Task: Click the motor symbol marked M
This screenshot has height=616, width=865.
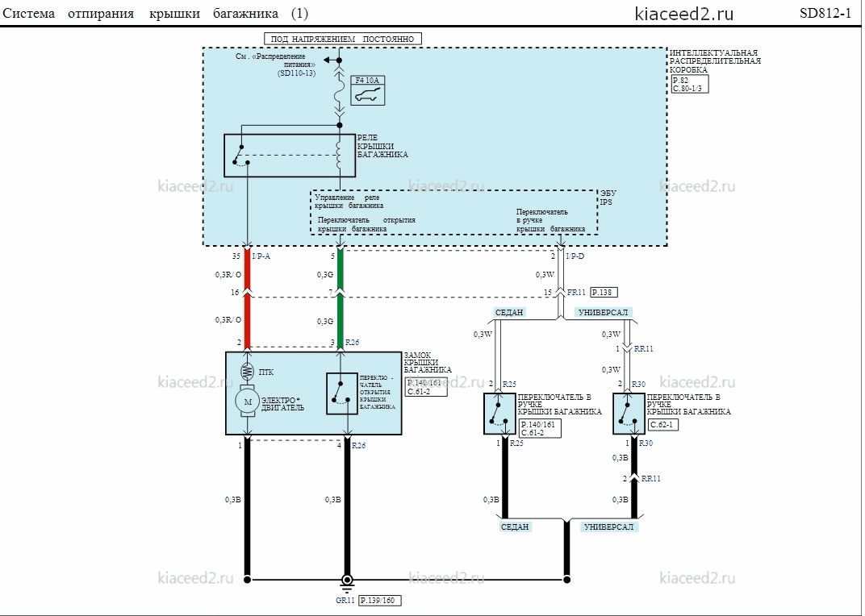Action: (x=248, y=402)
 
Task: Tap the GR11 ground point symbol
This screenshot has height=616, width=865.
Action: (x=347, y=581)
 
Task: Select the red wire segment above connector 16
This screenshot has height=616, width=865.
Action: (x=247, y=269)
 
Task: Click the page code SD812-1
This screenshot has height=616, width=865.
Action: (x=825, y=13)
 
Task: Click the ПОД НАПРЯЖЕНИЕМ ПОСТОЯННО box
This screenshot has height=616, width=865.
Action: (x=343, y=40)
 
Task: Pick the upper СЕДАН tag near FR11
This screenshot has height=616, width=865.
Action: (x=508, y=312)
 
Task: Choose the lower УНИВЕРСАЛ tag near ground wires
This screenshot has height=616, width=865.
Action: (x=608, y=527)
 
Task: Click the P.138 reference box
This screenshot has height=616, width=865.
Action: (x=604, y=293)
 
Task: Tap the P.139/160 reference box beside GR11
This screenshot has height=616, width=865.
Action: (x=380, y=600)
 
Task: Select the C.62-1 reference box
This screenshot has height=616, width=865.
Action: (x=663, y=425)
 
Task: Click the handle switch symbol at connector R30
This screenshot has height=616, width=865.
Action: (x=629, y=414)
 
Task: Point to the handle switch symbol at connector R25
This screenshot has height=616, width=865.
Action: (x=499, y=414)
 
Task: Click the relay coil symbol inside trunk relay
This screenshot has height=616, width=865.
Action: (x=339, y=155)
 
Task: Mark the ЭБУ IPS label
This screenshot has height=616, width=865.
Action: (x=608, y=198)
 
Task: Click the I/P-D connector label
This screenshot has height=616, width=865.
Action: (x=575, y=256)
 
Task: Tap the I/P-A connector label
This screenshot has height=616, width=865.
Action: (x=261, y=256)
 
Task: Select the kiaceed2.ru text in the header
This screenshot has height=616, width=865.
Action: (x=684, y=14)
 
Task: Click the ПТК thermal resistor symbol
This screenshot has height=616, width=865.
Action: (x=247, y=372)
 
